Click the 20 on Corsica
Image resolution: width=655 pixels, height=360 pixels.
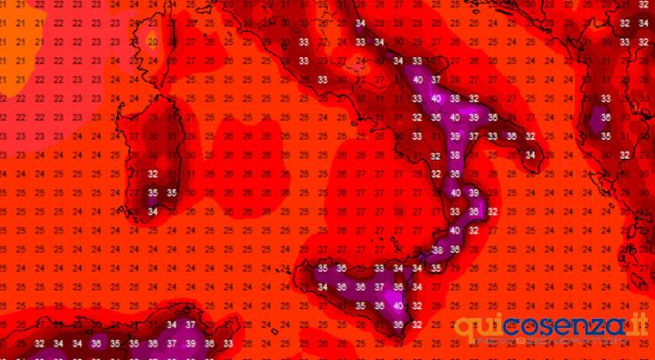pos(152,42)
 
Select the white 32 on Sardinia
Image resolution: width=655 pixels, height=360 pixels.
pos(152,174)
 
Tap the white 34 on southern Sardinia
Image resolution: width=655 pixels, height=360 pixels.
pos(152,211)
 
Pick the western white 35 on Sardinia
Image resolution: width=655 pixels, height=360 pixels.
pos(152,192)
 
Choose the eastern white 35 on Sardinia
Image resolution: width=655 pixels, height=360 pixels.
pos(171,192)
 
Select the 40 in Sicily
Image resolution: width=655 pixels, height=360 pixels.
pos(398,306)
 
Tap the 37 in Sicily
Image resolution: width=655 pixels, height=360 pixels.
pos(380,287)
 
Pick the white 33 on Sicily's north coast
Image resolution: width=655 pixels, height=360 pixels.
pos(380,268)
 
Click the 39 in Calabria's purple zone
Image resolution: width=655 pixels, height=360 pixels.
pos(474,192)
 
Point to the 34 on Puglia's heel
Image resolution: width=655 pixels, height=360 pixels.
pos(531,155)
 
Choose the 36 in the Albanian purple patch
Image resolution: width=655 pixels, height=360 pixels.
pos(606,118)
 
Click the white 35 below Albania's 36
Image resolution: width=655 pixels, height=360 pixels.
pos(606,136)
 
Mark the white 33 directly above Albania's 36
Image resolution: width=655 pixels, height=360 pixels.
pos(606,98)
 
